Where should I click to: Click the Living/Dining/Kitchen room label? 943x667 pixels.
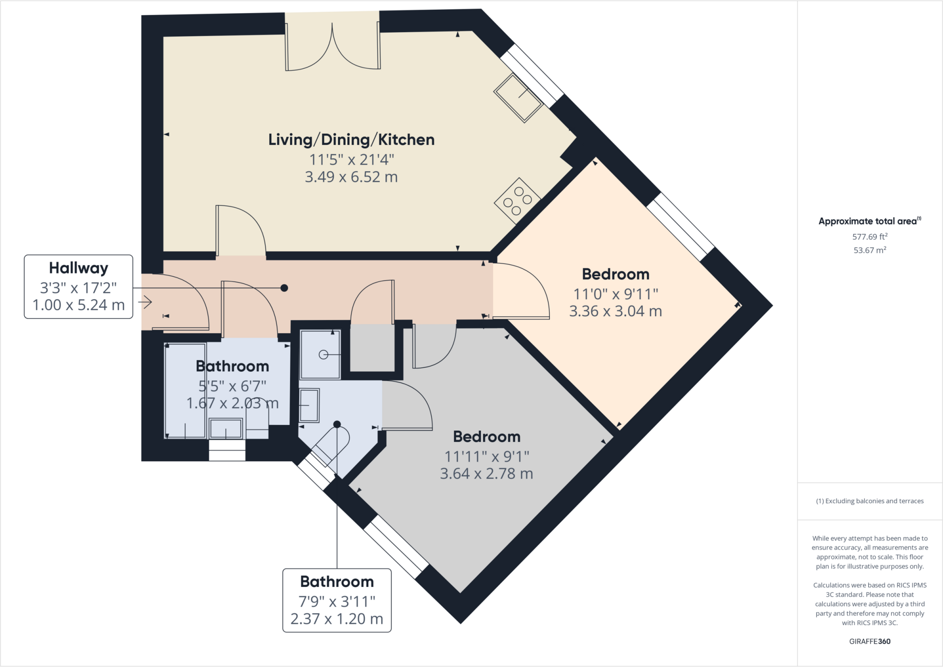[351, 139]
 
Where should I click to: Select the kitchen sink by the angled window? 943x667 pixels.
[518, 98]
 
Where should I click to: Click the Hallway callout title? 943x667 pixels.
[79, 267]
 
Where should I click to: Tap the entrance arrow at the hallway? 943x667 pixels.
[145, 302]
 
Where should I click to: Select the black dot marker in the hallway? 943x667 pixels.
[285, 288]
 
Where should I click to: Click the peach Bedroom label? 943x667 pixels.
[616, 274]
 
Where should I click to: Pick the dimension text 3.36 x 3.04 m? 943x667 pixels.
[616, 311]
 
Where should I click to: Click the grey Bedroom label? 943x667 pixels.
[487, 436]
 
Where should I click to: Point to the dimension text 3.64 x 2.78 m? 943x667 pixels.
[487, 474]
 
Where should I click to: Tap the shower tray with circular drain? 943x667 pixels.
[320, 354]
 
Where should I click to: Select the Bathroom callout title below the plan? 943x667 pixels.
[337, 581]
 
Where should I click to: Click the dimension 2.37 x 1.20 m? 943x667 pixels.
[337, 619]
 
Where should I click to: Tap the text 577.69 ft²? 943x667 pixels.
[870, 237]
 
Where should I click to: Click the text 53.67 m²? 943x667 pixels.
[870, 250]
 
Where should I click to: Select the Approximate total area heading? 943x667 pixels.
[870, 221]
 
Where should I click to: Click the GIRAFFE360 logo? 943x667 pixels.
[870, 641]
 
